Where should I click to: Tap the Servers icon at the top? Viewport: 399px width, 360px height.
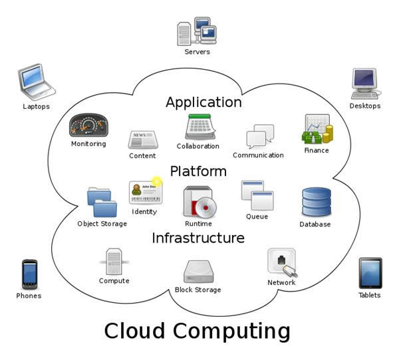(198, 31)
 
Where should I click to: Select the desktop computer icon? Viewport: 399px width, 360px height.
(364, 84)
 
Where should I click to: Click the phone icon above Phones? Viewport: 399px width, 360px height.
(29, 274)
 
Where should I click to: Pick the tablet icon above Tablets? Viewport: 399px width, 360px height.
(370, 272)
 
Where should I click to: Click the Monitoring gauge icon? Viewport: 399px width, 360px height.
(88, 126)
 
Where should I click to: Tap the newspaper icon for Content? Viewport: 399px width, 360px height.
(142, 139)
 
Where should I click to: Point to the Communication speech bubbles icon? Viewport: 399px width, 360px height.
(259, 136)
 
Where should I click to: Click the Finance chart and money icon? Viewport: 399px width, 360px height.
(317, 130)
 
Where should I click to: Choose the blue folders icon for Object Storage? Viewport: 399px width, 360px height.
(101, 202)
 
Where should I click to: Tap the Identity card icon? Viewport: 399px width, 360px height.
(145, 191)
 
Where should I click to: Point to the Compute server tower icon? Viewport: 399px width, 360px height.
(113, 260)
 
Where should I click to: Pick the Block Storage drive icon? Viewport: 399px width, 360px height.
(198, 271)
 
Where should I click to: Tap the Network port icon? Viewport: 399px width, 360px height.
(281, 262)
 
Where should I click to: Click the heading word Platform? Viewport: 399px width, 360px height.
(198, 171)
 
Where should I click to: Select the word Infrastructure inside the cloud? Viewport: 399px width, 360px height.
(198, 238)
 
